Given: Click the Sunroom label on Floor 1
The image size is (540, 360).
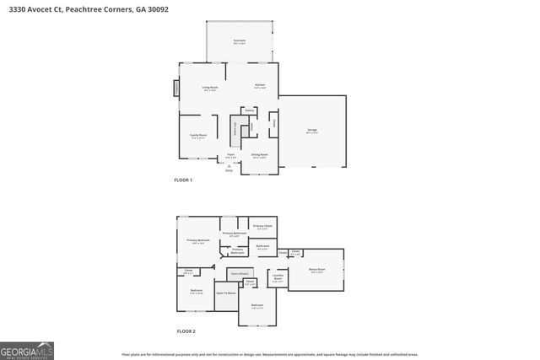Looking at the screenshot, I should click(x=240, y=40).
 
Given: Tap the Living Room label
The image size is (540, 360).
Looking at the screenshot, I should click(x=210, y=89).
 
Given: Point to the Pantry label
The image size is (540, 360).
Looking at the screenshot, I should click(x=250, y=110).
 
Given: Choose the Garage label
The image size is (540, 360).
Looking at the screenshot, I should click(x=311, y=130).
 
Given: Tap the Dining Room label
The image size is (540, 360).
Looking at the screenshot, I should click(x=259, y=155).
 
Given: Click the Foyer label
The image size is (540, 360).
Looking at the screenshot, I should click(x=230, y=155).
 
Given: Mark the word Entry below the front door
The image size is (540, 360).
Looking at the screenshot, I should click(x=229, y=171).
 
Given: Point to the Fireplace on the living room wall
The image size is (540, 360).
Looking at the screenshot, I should click(x=176, y=88).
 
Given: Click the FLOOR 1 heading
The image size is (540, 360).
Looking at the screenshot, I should click(x=183, y=180).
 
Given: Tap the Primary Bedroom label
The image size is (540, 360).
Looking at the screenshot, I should click(x=198, y=241).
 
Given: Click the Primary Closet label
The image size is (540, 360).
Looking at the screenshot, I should click(x=262, y=226).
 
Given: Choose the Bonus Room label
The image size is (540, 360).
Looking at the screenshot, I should click(x=317, y=271).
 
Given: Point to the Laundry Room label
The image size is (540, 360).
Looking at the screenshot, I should click(x=278, y=278).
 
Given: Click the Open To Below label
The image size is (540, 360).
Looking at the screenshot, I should click(x=225, y=293).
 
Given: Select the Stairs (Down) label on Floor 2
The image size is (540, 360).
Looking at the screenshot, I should click(x=240, y=273).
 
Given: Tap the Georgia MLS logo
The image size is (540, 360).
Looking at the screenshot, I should click(x=27, y=349).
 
